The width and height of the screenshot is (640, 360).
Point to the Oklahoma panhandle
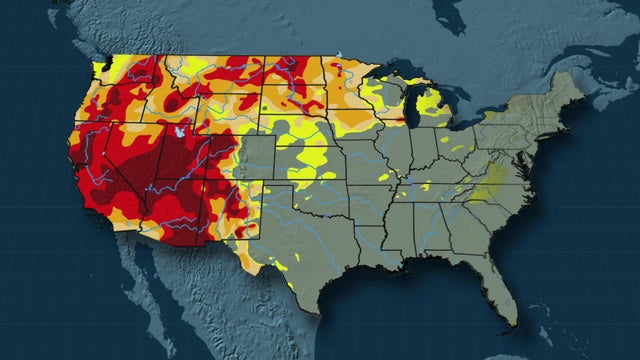pos(281,199)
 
